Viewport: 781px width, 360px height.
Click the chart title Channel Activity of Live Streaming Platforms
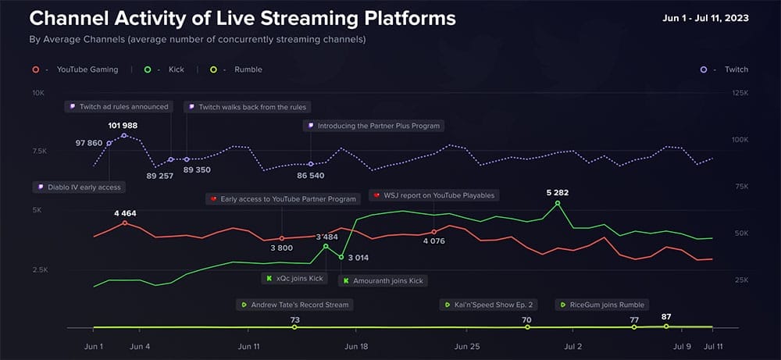click(x=242, y=17)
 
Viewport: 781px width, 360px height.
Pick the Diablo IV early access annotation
click(x=78, y=187)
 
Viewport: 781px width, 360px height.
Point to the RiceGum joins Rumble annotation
click(x=606, y=305)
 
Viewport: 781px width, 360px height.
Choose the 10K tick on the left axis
click(x=37, y=93)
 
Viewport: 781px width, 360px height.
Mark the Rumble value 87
click(x=666, y=316)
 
